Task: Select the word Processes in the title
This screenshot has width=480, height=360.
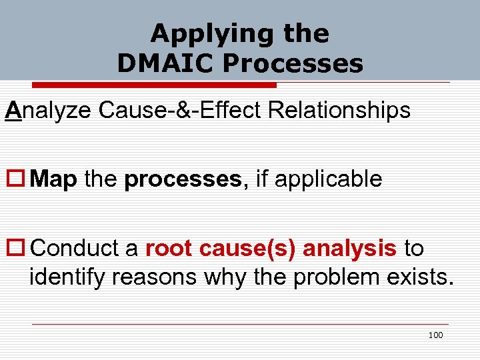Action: point(293,63)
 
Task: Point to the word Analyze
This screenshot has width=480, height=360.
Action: point(49,110)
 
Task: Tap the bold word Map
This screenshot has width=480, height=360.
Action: point(54,179)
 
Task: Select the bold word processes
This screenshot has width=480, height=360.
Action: point(182,179)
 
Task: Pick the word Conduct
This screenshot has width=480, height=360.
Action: point(75,248)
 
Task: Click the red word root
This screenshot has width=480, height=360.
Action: point(167,248)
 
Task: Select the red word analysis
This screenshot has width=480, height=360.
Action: point(350,248)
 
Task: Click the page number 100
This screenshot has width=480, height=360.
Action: point(435,335)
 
